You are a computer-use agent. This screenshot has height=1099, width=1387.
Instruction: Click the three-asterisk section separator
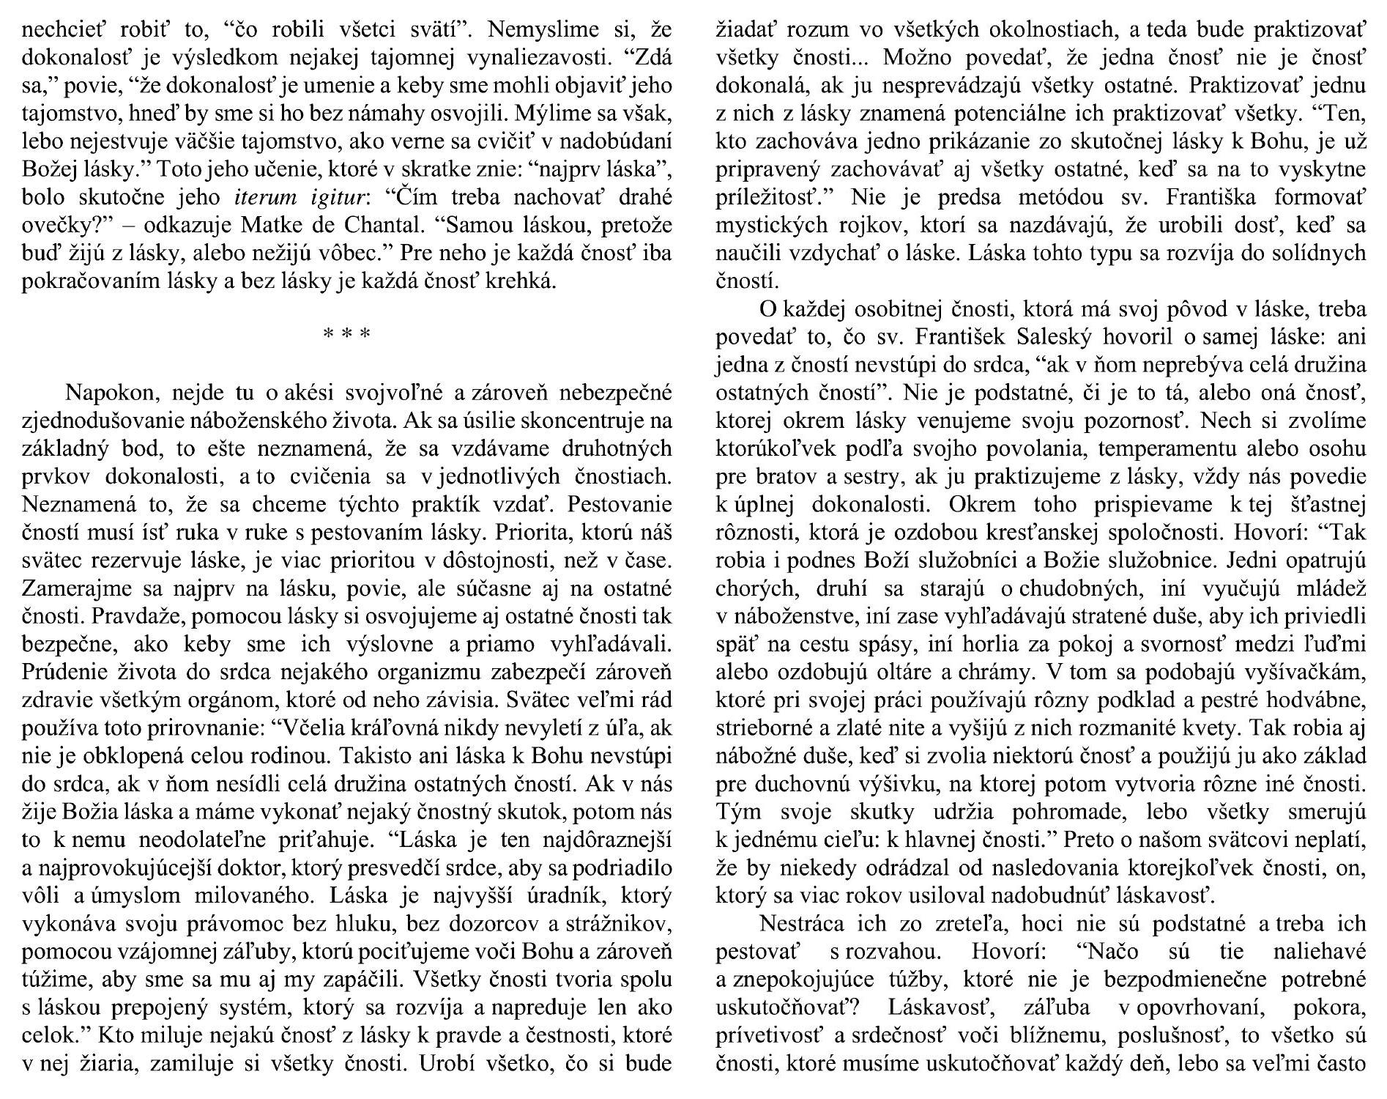pyautogui.click(x=346, y=335)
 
